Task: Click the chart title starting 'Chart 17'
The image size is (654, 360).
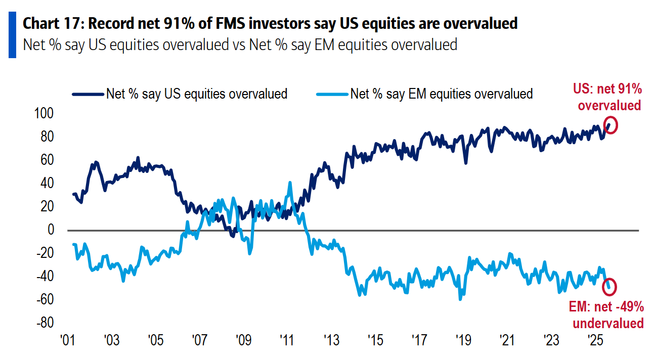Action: click(270, 24)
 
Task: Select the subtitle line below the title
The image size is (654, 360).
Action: click(240, 44)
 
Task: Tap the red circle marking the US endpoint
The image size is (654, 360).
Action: click(611, 126)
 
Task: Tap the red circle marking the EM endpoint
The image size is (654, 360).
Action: click(611, 286)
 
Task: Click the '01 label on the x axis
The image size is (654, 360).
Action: click(68, 339)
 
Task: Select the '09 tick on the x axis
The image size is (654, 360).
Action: click(243, 339)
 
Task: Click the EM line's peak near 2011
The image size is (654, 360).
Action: click(290, 183)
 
